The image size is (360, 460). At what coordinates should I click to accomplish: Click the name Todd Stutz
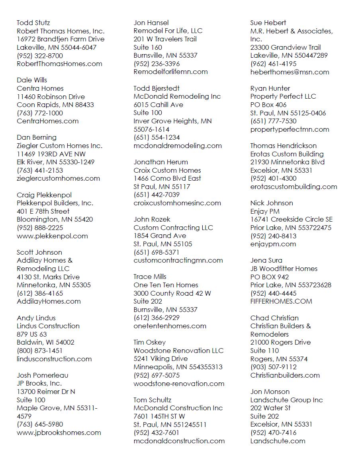coord(33,23)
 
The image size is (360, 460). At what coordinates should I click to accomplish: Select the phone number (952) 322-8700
coord(40,56)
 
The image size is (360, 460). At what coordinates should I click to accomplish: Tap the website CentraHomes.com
coord(48,121)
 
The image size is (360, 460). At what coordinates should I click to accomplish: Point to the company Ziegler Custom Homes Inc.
coord(59,146)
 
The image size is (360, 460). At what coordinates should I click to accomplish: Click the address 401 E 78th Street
coord(43,211)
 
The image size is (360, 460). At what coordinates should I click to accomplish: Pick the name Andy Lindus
coord(36,318)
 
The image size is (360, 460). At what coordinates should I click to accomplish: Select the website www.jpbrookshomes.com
coord(59,433)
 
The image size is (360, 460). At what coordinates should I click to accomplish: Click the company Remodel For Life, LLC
coord(168,31)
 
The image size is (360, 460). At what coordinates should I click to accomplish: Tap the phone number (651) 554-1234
coord(157,138)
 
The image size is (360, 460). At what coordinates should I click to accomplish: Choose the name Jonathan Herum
coord(161,162)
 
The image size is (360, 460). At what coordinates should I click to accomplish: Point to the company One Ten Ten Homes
coord(166,285)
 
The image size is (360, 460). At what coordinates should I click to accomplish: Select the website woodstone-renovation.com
coord(179,384)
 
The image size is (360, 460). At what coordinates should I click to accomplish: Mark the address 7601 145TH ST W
coord(159,416)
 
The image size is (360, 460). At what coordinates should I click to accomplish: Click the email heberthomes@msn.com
coord(290,72)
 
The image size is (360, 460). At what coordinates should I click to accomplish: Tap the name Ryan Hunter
coord(270,88)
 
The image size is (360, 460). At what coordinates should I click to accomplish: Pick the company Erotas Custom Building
coord(287,154)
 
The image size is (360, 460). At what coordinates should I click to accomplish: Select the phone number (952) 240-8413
coord(274,236)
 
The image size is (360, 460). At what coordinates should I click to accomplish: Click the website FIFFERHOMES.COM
coord(281,301)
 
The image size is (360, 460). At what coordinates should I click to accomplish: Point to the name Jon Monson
coord(270,392)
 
